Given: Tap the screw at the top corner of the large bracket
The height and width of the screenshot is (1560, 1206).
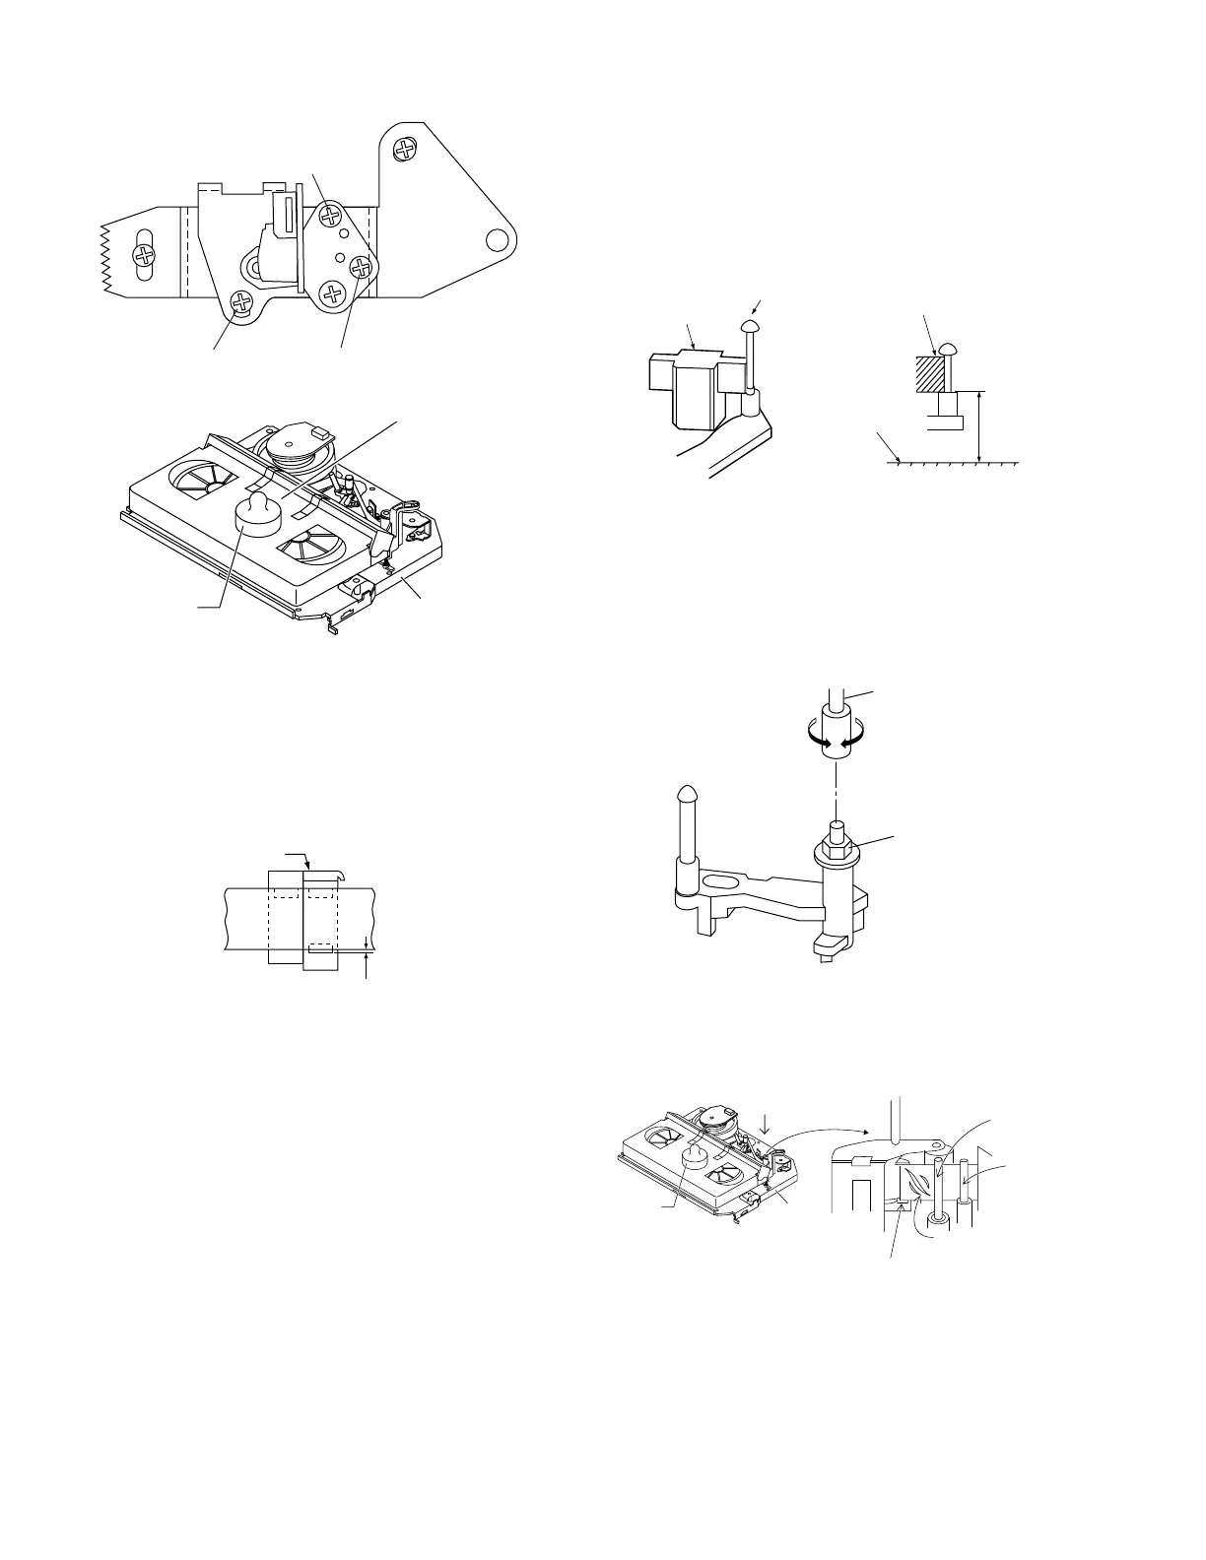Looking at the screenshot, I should tap(404, 150).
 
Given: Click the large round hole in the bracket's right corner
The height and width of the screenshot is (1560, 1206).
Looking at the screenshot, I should tap(499, 239).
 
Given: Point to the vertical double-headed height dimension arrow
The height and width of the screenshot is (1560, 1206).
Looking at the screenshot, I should tap(977, 425).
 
